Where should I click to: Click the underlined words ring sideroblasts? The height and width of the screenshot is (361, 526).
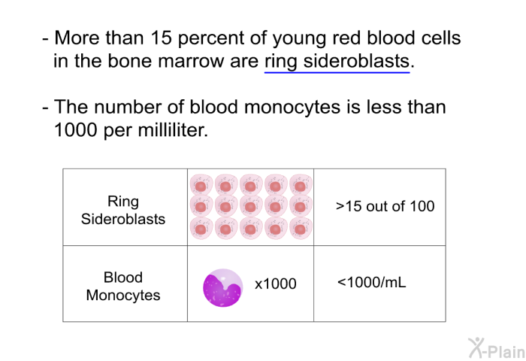(x=337, y=62)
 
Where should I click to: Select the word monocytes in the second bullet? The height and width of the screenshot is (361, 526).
(x=292, y=108)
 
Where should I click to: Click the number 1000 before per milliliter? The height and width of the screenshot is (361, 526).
(x=75, y=129)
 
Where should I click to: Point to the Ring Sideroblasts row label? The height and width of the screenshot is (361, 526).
(x=123, y=211)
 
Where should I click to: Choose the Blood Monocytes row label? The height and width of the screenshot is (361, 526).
(x=123, y=286)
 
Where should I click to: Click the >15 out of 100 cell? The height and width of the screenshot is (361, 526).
(x=385, y=206)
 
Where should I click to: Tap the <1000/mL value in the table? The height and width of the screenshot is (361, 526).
(x=372, y=282)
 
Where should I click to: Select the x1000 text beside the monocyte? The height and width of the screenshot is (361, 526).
(x=276, y=284)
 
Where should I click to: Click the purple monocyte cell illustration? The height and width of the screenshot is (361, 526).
(x=222, y=288)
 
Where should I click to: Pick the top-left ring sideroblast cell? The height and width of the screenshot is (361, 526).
(x=201, y=185)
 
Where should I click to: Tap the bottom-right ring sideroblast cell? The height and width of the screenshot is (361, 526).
(x=301, y=229)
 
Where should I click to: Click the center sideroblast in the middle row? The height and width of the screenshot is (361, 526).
(x=251, y=207)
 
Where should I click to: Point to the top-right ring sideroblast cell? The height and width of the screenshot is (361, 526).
(x=301, y=185)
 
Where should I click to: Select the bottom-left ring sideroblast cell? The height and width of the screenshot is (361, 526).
(x=201, y=229)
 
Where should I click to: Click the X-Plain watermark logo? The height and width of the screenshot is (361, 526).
(x=497, y=348)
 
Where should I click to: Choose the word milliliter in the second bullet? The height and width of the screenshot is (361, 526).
(x=172, y=129)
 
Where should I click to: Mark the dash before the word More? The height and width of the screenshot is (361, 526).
(x=45, y=39)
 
